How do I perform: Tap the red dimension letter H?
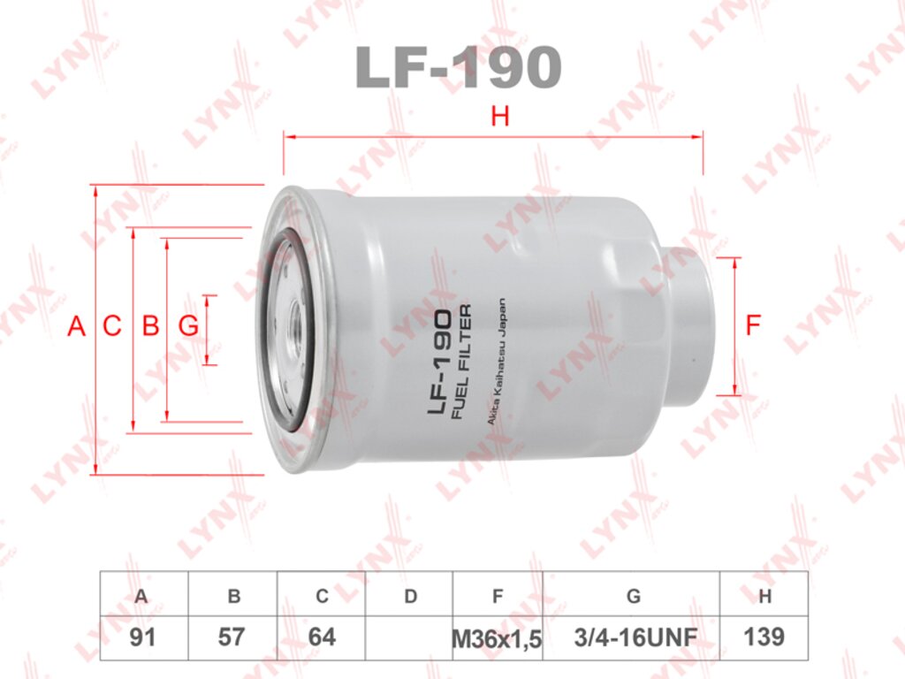[x=500, y=117]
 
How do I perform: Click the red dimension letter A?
[x=76, y=326]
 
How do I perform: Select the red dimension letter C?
[x=112, y=326]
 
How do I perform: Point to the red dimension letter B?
[x=150, y=326]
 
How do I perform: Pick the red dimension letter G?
[x=189, y=326]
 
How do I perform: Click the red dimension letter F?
[x=753, y=325]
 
